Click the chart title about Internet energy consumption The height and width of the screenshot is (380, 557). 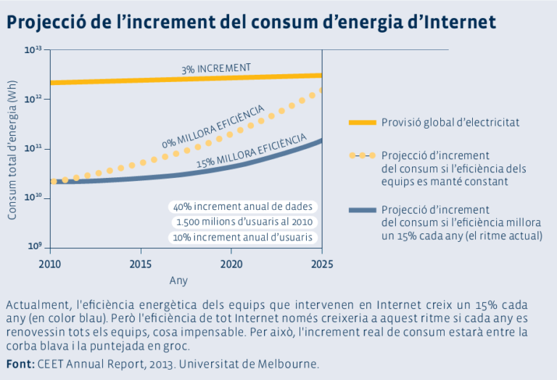252,23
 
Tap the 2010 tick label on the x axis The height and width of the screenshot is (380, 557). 49,262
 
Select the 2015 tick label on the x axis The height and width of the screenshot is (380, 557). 140,262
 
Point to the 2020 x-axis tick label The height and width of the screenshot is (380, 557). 231,262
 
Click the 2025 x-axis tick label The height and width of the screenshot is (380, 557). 322,262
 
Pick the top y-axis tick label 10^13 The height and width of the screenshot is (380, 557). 33,50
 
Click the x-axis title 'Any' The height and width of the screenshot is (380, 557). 178,280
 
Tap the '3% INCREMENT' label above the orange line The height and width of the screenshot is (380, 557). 216,69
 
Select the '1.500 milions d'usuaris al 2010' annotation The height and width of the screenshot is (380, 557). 244,222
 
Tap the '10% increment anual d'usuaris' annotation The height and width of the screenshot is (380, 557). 242,238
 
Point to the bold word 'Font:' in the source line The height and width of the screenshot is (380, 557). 19,363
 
